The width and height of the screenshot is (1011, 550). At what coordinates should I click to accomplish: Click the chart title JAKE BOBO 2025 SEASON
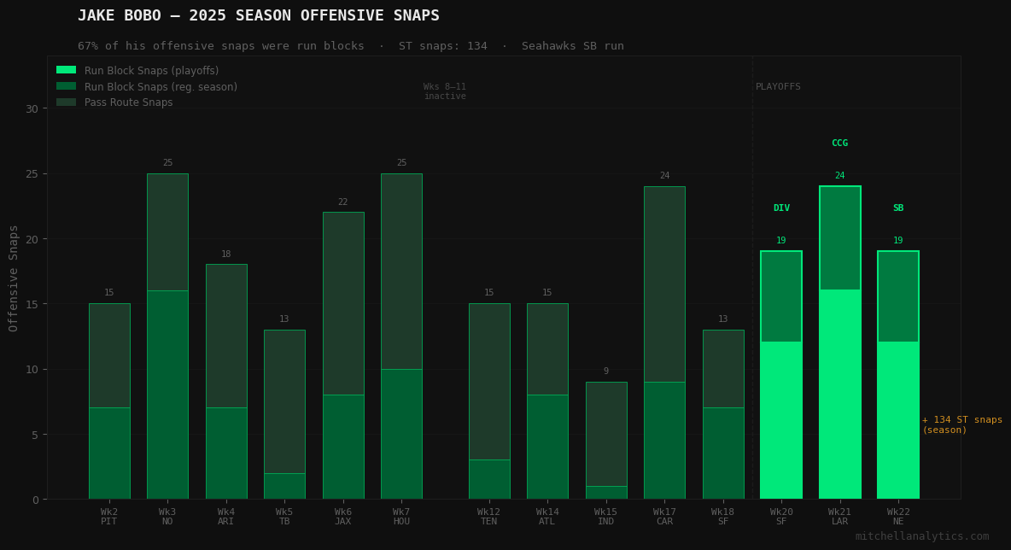tap(258, 15)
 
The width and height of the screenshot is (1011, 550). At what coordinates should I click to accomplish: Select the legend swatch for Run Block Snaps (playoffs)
tap(66, 70)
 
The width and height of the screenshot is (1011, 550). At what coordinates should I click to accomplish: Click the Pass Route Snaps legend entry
tap(128, 102)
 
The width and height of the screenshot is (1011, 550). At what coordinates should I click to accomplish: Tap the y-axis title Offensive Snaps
tap(14, 278)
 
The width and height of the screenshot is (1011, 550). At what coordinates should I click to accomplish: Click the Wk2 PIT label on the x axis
tap(109, 517)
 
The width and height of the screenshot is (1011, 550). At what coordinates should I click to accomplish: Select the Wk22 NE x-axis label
tap(897, 517)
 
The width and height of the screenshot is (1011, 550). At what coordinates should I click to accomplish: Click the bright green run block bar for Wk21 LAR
tap(839, 394)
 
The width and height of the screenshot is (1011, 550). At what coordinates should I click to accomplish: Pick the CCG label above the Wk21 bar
tap(839, 143)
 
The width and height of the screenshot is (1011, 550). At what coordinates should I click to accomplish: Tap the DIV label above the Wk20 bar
tap(781, 208)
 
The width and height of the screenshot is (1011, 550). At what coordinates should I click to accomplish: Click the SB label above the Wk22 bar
tap(897, 208)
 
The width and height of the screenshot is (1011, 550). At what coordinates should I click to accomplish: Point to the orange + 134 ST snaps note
tap(961, 424)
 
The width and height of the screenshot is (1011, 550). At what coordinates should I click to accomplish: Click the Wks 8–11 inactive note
tap(445, 91)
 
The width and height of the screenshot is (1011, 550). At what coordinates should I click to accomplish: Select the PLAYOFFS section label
tap(778, 87)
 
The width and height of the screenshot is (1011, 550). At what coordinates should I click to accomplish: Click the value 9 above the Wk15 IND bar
tap(605, 372)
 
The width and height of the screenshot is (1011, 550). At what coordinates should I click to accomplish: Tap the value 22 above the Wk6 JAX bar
tap(342, 202)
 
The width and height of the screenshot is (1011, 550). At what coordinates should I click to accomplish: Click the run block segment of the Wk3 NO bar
tap(167, 394)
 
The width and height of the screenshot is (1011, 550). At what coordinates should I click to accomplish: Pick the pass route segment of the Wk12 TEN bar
tap(489, 381)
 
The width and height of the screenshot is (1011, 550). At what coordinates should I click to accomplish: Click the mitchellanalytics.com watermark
tap(921, 536)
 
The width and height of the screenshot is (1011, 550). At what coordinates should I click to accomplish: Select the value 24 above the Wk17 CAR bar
tap(664, 176)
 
